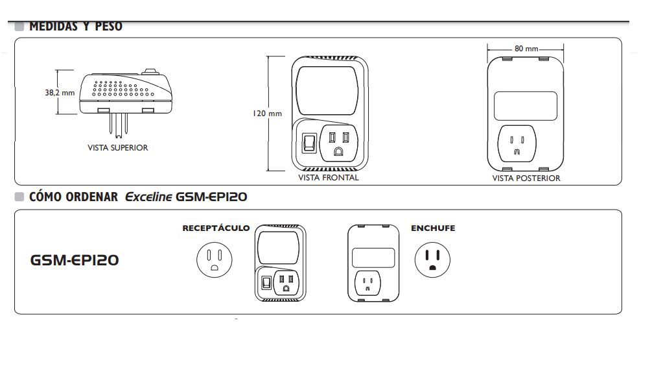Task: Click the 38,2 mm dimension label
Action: pos(60,93)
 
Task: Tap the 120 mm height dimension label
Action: pos(267,114)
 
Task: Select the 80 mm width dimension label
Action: pos(526,49)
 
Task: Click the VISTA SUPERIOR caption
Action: pos(117,148)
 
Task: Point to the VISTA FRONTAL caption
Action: pos(328,178)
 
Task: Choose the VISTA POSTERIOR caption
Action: pos(526,178)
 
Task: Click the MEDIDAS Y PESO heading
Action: pos(75,27)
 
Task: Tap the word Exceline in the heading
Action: pos(148,197)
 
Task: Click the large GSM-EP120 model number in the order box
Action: pos(75,260)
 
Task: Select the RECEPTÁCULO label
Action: pos(216,228)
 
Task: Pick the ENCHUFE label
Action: pos(433,228)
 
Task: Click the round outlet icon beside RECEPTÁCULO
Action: pos(215,260)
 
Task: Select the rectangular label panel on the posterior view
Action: pos(526,105)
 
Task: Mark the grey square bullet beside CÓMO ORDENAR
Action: pos(19,197)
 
